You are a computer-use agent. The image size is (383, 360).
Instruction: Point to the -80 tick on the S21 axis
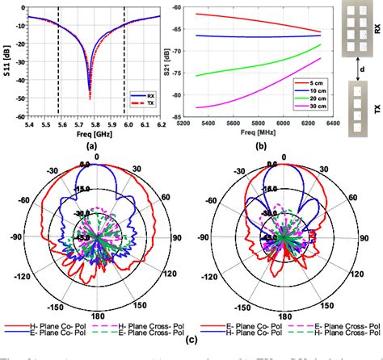coord(191,94)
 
